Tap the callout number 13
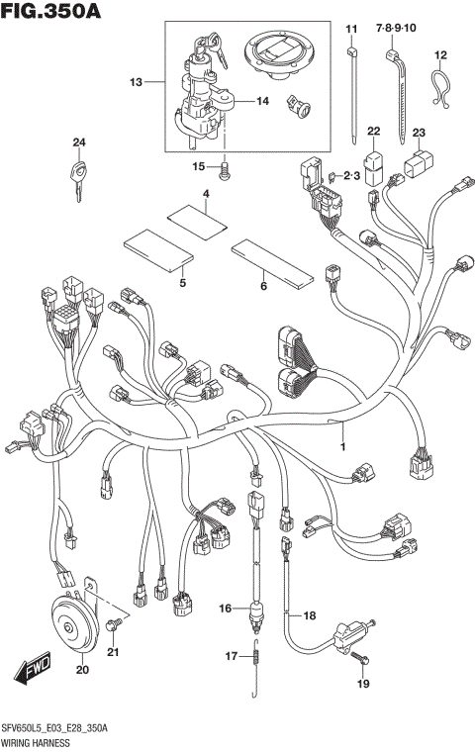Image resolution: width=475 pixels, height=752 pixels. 136,82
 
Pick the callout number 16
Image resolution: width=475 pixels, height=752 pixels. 226,608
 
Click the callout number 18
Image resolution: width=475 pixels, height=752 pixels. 309,615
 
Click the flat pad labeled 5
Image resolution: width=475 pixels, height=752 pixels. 155,251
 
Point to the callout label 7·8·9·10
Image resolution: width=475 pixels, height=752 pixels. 397,30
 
